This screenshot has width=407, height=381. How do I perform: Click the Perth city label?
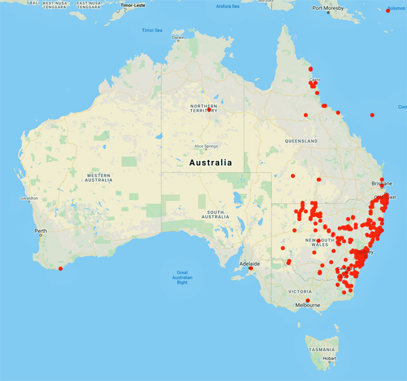click(41, 231)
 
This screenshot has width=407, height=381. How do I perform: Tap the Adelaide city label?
click(249, 263)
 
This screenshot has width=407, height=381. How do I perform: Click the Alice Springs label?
click(205, 146)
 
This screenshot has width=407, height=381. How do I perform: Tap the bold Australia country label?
click(210, 163)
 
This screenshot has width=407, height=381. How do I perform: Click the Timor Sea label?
click(152, 30)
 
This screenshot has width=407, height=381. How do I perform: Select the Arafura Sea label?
click(227, 6)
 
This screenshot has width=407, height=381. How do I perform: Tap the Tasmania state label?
click(321, 349)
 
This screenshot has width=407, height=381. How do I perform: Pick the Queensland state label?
click(301, 141)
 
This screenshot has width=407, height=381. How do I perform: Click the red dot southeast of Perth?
click(60, 268)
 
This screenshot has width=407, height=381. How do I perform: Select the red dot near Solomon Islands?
click(387, 10)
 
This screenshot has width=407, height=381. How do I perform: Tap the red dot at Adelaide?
click(251, 268)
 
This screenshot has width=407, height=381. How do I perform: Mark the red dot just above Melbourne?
click(307, 300)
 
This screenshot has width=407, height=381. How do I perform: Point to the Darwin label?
click(178, 37)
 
